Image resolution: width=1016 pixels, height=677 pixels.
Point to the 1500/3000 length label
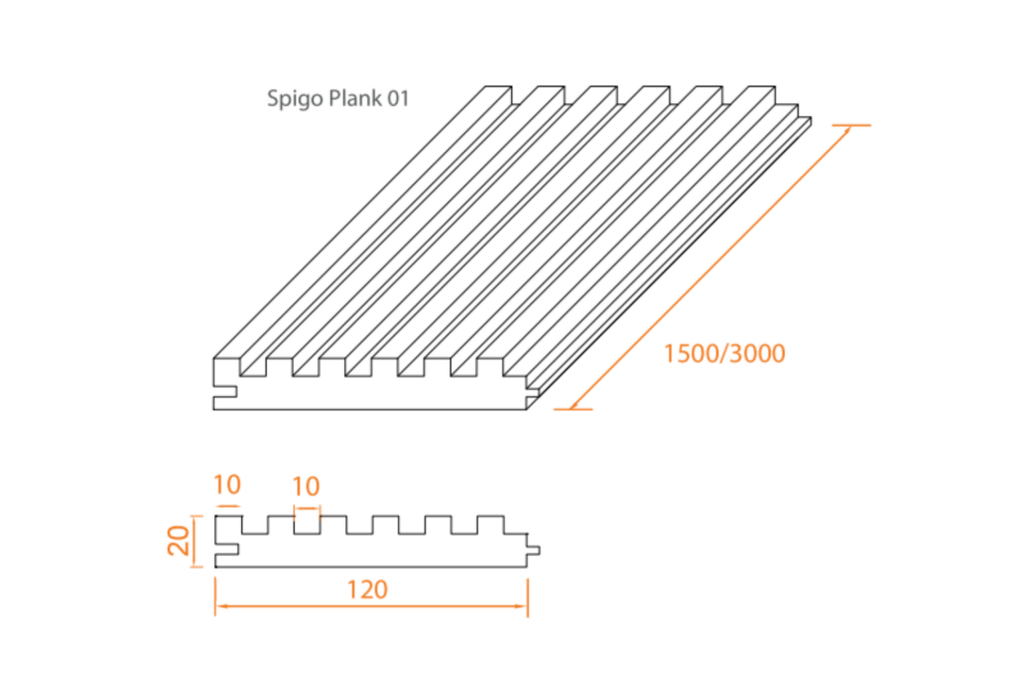724,352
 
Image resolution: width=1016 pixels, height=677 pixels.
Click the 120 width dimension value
367,589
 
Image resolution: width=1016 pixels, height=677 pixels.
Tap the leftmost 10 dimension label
227,485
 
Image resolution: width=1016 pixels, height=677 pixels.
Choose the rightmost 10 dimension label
307,485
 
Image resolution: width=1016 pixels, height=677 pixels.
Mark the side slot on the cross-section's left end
227,548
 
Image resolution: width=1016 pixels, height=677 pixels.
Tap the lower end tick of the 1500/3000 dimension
571,409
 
